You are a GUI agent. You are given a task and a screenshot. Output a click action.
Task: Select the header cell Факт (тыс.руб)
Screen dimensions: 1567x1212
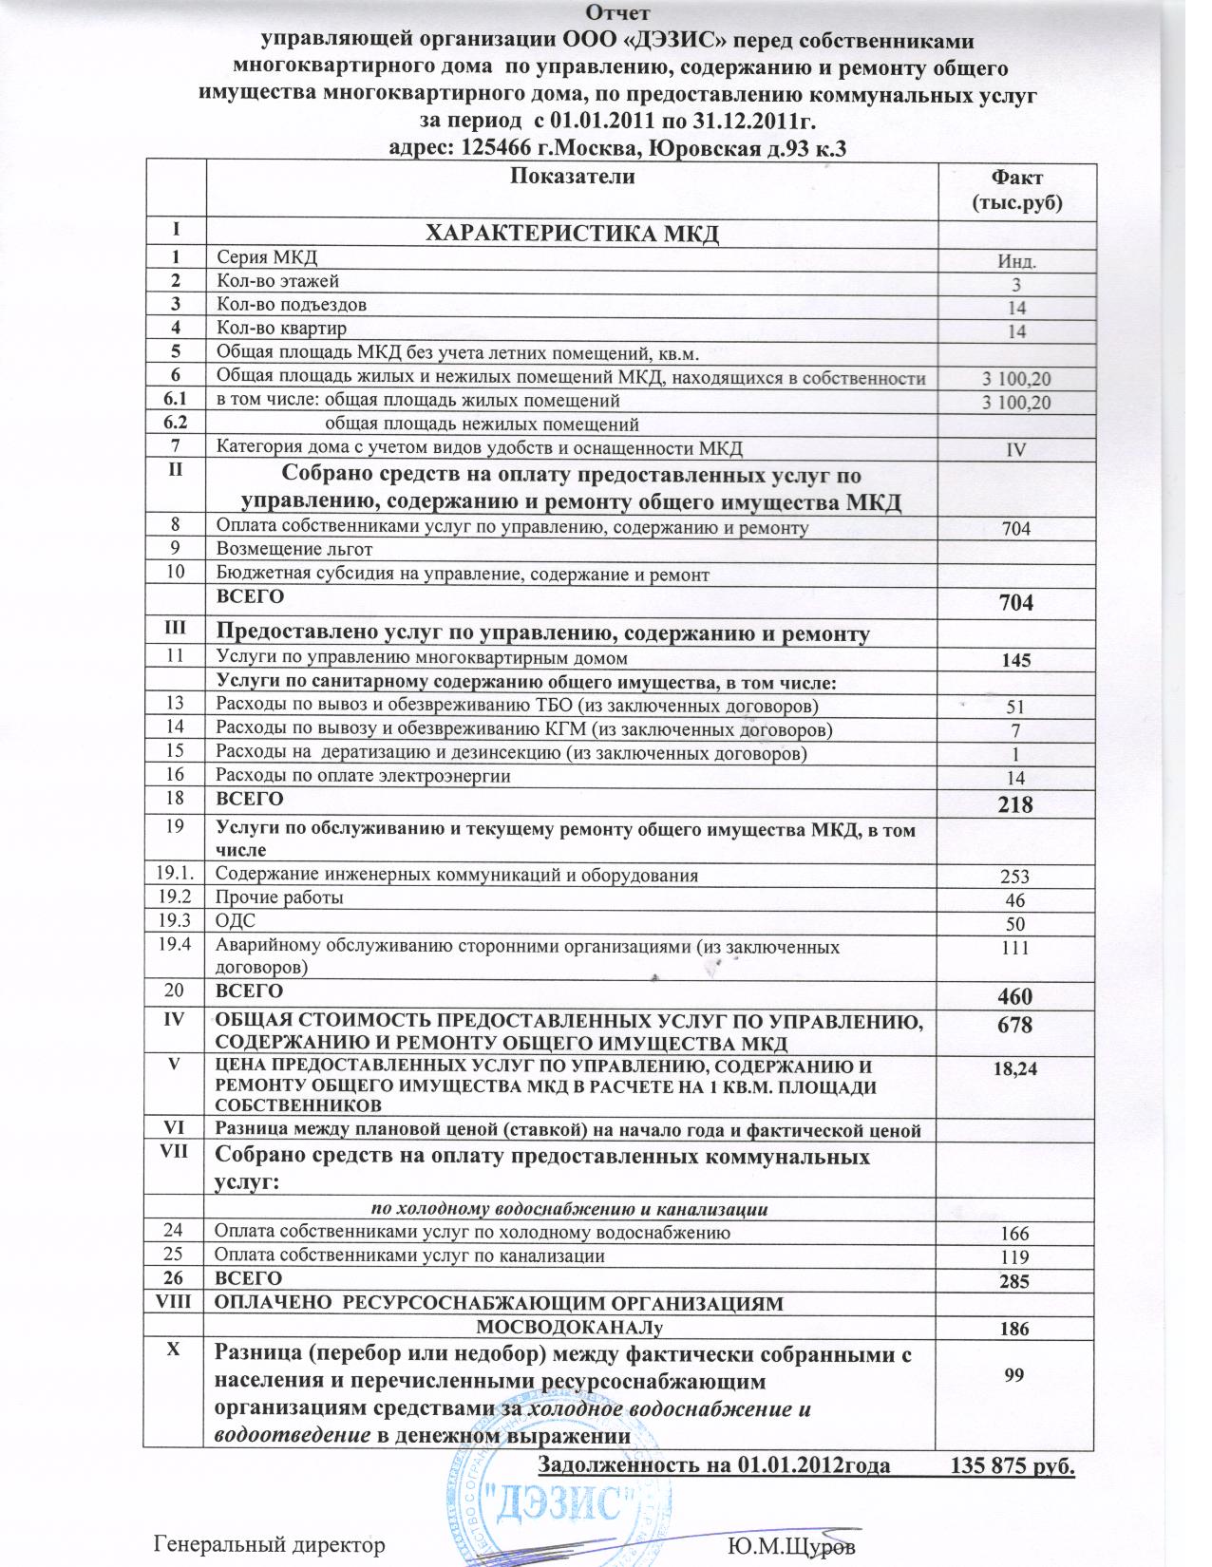(x=1015, y=189)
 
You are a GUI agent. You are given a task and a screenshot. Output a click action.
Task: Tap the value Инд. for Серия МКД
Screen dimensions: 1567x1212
(x=1016, y=260)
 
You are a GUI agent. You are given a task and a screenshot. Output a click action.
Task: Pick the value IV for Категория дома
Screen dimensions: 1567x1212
(x=1016, y=449)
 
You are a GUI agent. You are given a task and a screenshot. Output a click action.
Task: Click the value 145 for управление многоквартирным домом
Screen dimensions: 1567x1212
(x=1015, y=659)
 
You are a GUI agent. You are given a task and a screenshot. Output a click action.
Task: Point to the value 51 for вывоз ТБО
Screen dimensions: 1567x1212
(x=1016, y=707)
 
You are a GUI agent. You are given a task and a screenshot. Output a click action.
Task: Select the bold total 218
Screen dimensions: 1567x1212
(x=1014, y=804)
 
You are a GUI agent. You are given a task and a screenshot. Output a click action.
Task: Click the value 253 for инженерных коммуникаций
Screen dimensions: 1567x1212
(x=1015, y=877)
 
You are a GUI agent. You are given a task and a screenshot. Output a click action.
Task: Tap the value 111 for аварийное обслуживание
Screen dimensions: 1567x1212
(x=1015, y=947)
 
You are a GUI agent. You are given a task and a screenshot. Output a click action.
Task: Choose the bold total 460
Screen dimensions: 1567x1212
(x=1014, y=996)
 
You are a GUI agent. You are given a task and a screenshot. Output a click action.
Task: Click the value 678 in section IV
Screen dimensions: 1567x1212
(x=1014, y=1026)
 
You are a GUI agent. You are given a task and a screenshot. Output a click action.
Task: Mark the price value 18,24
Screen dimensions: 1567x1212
(x=1014, y=1068)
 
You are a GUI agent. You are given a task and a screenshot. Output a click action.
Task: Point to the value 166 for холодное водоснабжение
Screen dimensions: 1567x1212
(x=1015, y=1234)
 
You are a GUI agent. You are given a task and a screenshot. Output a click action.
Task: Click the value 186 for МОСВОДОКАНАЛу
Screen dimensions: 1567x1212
(x=1015, y=1329)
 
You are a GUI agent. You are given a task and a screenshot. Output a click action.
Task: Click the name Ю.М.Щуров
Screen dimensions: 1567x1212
(x=790, y=1545)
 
